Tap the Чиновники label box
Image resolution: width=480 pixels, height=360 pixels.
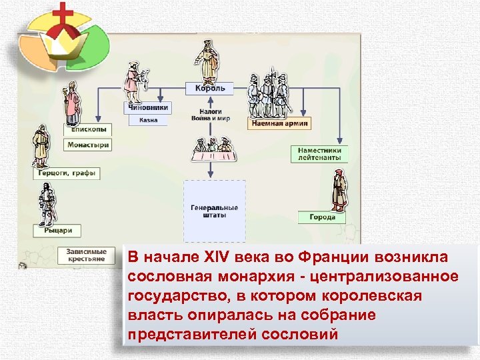[147, 107]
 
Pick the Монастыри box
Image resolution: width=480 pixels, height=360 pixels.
[87, 145]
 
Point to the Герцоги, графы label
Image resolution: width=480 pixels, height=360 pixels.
[67, 173]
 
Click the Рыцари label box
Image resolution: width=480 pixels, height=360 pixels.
[57, 231]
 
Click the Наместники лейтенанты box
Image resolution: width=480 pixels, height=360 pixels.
[319, 154]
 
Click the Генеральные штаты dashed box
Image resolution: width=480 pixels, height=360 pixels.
[215, 211]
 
